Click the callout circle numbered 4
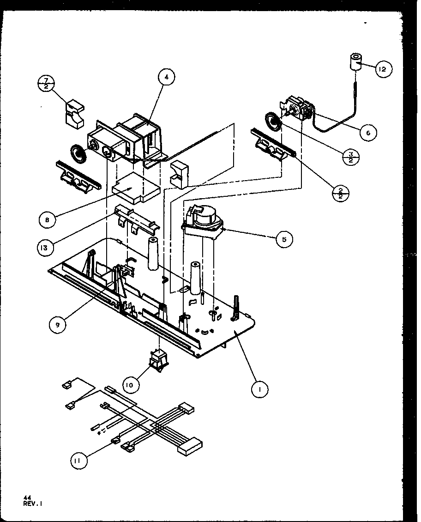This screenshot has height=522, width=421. tap(167, 78)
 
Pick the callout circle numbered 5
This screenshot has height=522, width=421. tap(284, 239)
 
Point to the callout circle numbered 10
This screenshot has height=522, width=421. tap(132, 384)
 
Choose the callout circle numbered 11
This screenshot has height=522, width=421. tap(79, 459)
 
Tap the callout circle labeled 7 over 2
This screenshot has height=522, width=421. tap(47, 85)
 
